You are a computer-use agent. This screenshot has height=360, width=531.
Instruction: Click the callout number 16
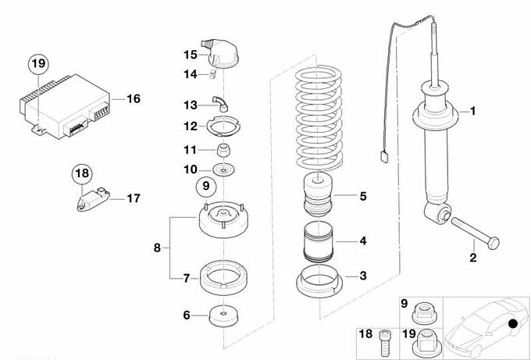coord(134,98)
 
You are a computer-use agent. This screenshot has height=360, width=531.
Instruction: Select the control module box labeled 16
coord(66,104)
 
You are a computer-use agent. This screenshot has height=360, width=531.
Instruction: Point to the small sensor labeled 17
coord(94,198)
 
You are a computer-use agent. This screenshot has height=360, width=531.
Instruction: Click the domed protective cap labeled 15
coord(224,52)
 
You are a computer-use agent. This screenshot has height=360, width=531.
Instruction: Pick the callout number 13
coord(191,104)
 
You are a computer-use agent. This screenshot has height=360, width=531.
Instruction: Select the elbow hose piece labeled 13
coord(222,99)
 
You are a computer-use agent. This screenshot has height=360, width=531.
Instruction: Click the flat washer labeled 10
coord(224,170)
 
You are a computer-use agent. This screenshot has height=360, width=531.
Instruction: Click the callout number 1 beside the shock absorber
coord(472,112)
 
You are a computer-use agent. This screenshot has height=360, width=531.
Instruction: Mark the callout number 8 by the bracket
coord(157,248)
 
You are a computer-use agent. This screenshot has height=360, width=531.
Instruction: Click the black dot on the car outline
coord(512,324)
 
